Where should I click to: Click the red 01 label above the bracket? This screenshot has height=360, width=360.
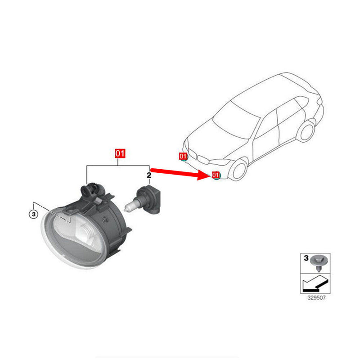pyautogui.click(x=120, y=153)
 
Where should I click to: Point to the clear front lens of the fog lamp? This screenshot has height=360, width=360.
pyautogui.click(x=63, y=243)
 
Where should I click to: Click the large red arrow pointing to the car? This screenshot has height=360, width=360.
pyautogui.click(x=180, y=172)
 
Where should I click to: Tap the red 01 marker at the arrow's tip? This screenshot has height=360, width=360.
pyautogui.click(x=216, y=175)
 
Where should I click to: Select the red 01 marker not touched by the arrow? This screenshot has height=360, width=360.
pyautogui.click(x=183, y=156)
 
